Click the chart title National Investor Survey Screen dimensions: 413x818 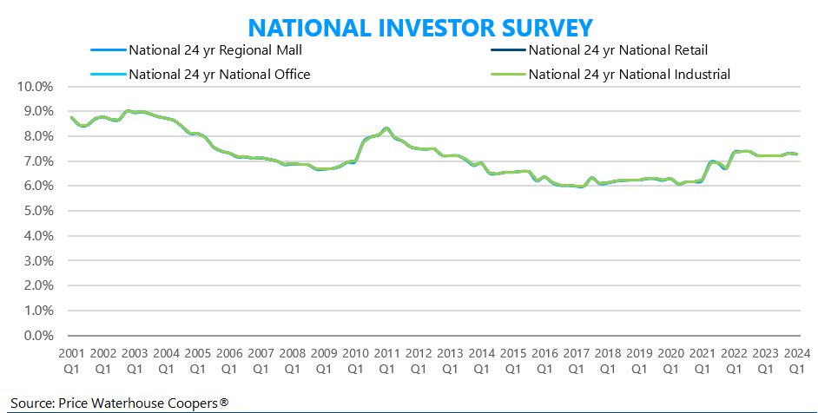click(x=408, y=26)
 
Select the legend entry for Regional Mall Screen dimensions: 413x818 click(x=214, y=49)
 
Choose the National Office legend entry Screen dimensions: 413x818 click(x=219, y=74)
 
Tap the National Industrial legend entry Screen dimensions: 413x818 click(x=629, y=74)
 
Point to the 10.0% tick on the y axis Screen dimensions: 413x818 click(x=35, y=87)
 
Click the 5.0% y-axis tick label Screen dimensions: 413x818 click(x=37, y=211)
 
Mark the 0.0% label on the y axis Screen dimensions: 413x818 click(x=37, y=335)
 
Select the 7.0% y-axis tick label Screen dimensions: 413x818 click(x=37, y=161)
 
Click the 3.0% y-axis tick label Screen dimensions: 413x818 click(x=37, y=260)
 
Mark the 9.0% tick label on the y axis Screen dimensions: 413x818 click(x=37, y=112)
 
